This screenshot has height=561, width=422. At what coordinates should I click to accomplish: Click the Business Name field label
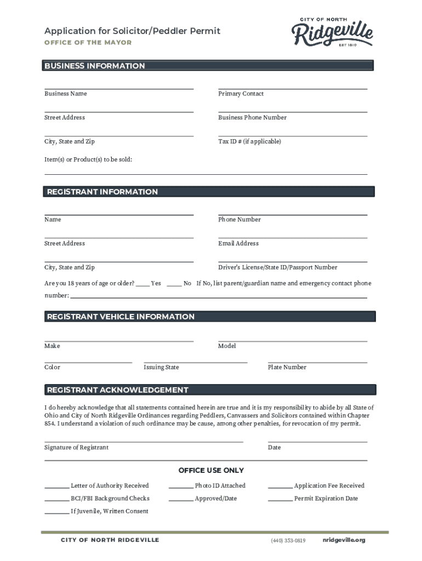[65, 94]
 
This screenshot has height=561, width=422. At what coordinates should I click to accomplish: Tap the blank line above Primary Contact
[292, 88]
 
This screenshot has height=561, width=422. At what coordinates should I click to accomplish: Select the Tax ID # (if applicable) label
[249, 141]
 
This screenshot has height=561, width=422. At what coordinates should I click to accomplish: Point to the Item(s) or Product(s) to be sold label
[88, 159]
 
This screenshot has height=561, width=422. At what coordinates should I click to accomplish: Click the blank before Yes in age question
[142, 284]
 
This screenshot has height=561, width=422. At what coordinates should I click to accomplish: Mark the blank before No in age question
[174, 284]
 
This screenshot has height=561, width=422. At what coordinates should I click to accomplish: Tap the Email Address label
[238, 243]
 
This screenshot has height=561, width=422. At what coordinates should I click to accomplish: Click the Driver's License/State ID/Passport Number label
[277, 267]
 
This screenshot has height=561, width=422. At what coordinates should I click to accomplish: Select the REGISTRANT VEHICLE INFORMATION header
[121, 317]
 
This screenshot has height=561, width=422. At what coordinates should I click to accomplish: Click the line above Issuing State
[195, 362]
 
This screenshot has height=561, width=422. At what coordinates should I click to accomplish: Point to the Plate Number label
[287, 367]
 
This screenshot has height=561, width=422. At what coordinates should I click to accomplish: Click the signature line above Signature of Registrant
[144, 440]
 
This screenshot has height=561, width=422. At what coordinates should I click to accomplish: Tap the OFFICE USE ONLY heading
[211, 471]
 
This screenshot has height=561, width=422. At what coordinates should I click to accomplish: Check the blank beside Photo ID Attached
[181, 486]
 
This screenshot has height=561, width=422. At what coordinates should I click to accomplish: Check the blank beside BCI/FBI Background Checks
[56, 499]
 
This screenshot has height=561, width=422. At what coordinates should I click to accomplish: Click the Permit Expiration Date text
[326, 499]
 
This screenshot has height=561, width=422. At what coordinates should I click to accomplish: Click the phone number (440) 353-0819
[288, 541]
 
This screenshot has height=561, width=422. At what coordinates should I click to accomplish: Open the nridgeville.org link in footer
[344, 540]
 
